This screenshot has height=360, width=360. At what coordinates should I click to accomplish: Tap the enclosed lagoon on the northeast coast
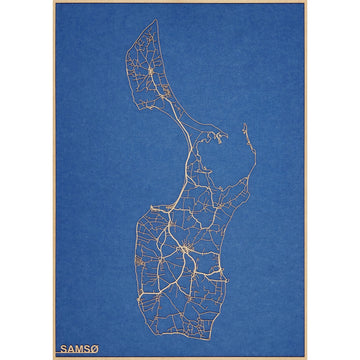coord(221,150)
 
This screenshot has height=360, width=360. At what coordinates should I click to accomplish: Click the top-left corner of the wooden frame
coord(54,3)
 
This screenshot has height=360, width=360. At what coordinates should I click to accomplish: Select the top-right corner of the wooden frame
coord(305,3)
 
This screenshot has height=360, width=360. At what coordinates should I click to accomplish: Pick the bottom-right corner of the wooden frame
coord(305,357)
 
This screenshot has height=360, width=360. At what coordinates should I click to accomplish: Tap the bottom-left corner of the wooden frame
coord(54,357)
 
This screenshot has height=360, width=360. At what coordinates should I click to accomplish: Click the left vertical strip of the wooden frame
coord(54,180)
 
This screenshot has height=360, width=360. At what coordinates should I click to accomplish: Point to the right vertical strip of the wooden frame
coord(305,180)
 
